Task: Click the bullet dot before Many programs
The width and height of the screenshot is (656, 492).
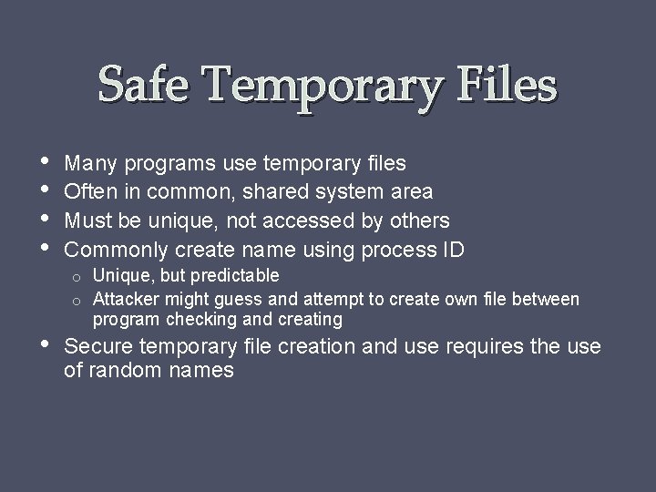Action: coord(45,161)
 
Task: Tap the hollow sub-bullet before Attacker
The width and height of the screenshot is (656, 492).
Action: coord(80,299)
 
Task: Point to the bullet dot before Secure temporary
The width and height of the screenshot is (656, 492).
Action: coord(45,346)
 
